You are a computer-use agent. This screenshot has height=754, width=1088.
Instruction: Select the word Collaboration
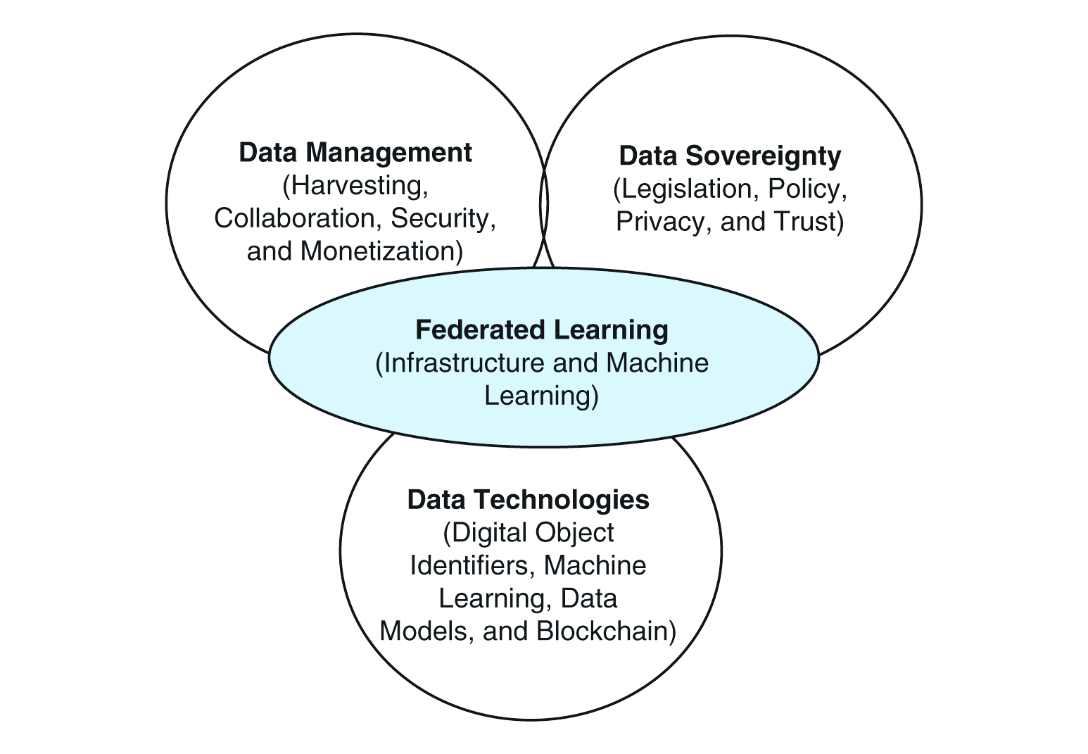296,218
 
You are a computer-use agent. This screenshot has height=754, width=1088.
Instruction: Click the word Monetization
380,251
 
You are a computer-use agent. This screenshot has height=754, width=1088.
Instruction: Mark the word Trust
806,221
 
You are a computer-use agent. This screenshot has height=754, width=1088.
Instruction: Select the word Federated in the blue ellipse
479,329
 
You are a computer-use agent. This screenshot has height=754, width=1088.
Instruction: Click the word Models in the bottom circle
426,631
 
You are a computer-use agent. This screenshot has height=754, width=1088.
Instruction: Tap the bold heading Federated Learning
542,329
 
